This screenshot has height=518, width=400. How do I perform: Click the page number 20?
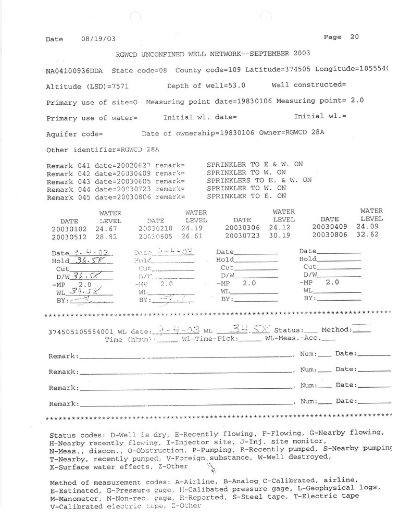coord(355,37)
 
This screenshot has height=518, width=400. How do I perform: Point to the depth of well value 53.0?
coord(236,85)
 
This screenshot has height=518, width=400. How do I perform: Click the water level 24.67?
coord(107,228)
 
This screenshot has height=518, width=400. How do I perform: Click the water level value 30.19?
coord(280,236)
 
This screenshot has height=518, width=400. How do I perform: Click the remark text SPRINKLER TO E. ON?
coord(246,196)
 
